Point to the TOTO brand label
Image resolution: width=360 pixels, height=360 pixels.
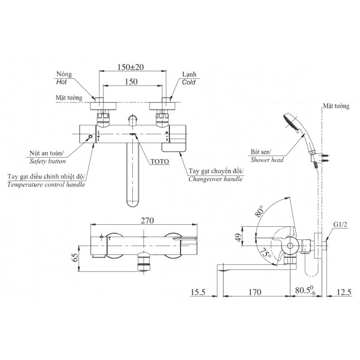click(160, 160)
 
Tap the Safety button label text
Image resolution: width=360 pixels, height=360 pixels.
click(48, 160)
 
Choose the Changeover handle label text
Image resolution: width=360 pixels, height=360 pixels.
click(216, 179)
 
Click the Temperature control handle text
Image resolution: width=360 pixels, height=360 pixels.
click(47, 185)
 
